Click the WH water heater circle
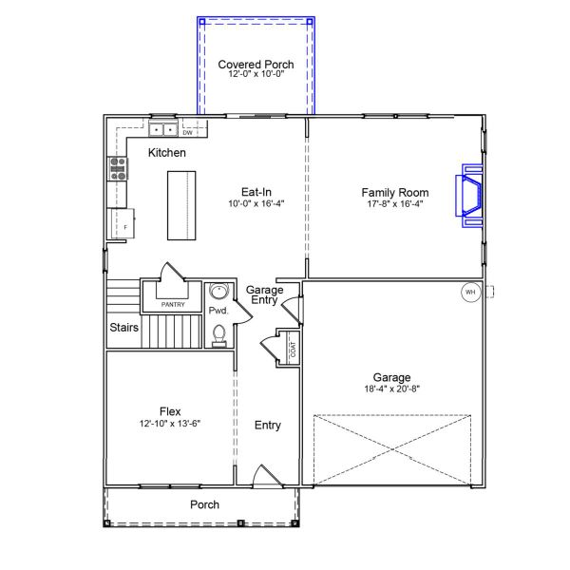(470, 292)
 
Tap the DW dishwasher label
(187, 133)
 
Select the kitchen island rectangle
(181, 205)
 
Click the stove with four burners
(118, 168)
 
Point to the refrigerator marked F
(122, 223)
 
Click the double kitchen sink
(162, 129)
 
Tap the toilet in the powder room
(218, 336)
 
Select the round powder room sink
(219, 292)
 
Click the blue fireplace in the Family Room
(469, 196)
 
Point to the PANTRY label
(173, 305)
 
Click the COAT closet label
(293, 350)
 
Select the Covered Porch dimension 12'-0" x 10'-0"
(256, 74)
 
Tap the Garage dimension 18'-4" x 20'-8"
(391, 389)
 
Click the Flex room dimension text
(170, 424)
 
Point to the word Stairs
(123, 327)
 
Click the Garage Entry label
(264, 294)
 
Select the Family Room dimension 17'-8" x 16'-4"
(395, 203)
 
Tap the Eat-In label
(256, 192)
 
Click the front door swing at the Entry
(267, 476)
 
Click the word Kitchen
(167, 152)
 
